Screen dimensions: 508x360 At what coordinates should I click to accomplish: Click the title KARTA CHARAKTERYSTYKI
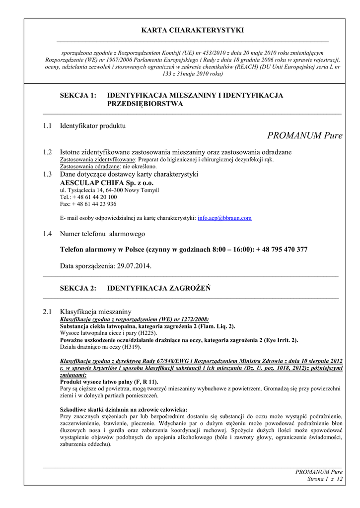point(192,30)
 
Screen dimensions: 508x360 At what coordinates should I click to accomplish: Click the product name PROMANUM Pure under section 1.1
point(304,135)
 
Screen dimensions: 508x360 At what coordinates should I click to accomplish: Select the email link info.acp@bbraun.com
point(224,218)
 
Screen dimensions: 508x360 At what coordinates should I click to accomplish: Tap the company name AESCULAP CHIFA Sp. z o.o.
point(107,183)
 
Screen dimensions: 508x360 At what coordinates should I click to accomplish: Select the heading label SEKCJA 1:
point(78,95)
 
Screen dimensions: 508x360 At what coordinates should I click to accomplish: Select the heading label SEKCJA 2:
point(78,288)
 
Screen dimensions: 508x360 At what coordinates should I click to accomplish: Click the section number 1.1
point(47,126)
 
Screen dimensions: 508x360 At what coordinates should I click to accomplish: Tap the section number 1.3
point(47,174)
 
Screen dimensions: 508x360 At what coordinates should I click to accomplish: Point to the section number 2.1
point(47,312)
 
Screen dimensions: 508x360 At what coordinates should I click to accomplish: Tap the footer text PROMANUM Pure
point(319,472)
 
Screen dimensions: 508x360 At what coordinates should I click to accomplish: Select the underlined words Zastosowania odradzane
point(90,167)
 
